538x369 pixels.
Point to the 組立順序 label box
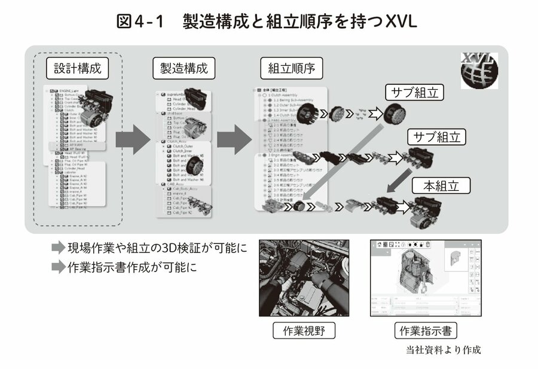pyautogui.click(x=292, y=68)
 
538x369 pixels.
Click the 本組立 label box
pyautogui.click(x=442, y=184)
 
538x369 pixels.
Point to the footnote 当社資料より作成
pyautogui.click(x=443, y=350)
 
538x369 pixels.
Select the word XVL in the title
pyautogui.click(x=398, y=22)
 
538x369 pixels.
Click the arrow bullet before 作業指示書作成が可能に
pyautogui.click(x=57, y=267)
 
